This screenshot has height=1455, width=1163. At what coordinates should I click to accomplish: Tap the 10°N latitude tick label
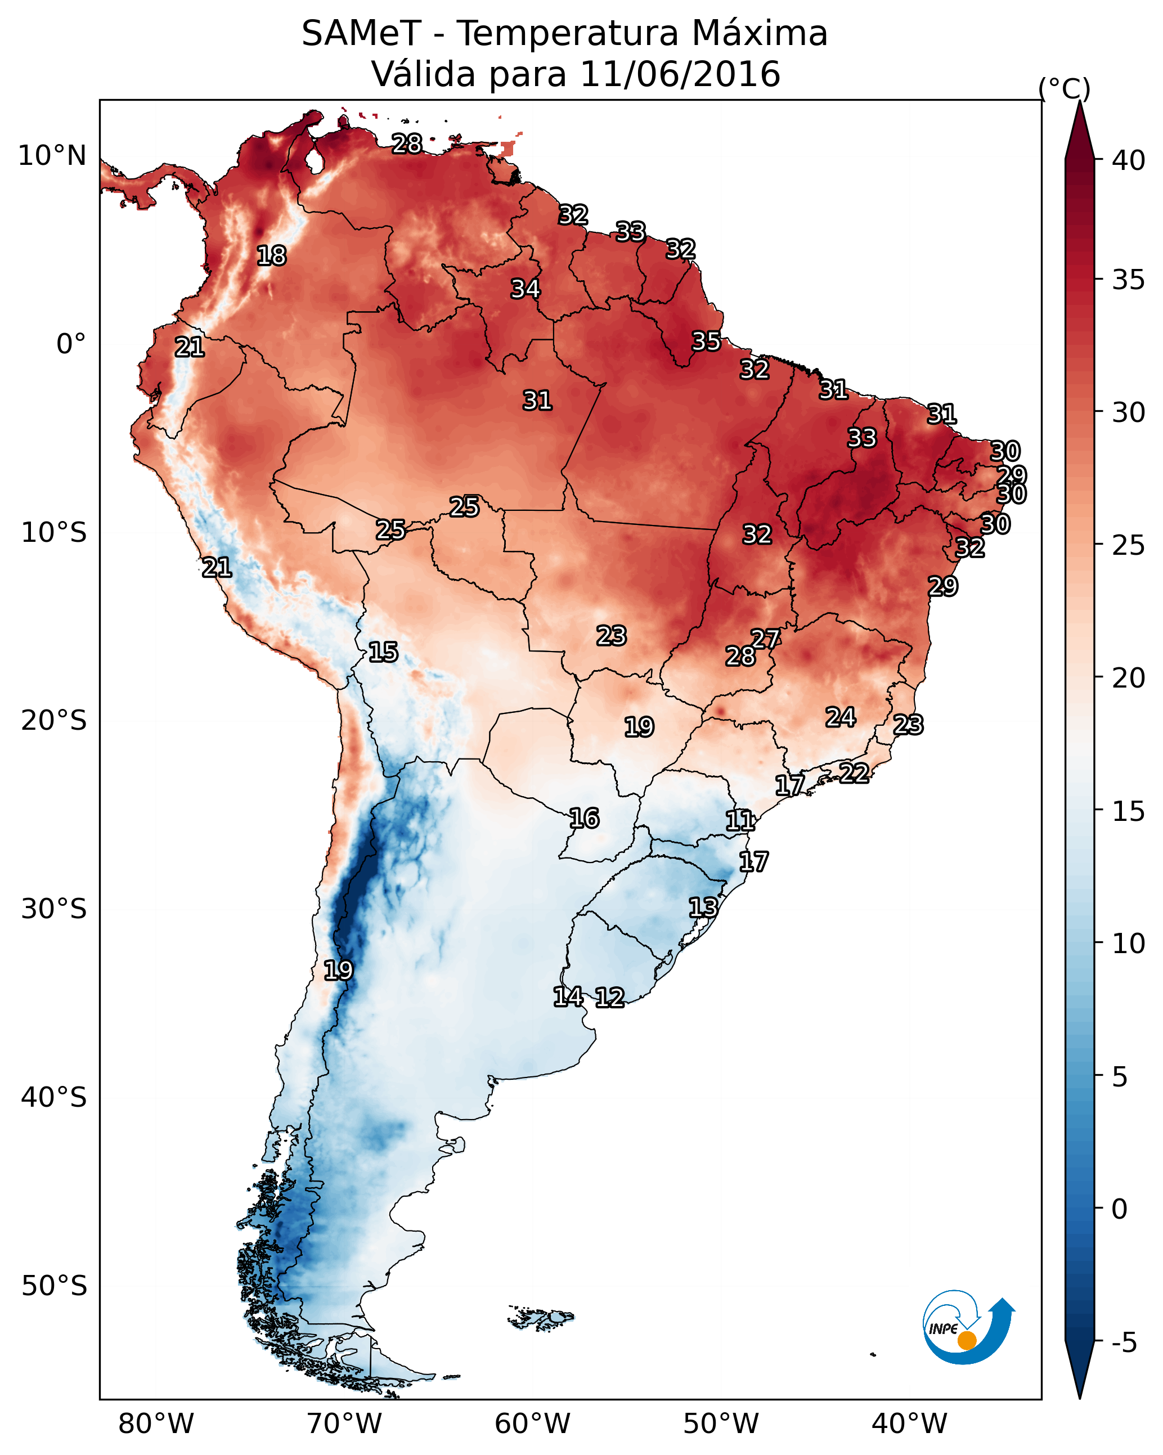pyautogui.click(x=52, y=156)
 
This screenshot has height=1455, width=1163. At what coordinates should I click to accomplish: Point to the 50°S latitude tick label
pyautogui.click(x=54, y=1286)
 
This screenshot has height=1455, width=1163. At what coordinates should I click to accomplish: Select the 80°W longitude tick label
pyautogui.click(x=156, y=1423)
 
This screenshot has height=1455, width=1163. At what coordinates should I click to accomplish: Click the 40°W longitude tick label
pyautogui.click(x=909, y=1423)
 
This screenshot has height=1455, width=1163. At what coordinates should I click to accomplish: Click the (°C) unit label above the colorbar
pyautogui.click(x=1065, y=88)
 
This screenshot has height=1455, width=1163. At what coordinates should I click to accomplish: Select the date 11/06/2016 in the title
pyautogui.click(x=680, y=74)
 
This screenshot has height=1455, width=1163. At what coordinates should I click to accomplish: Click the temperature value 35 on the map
pyautogui.click(x=706, y=342)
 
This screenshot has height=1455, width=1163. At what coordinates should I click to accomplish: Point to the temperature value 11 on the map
pyautogui.click(x=740, y=821)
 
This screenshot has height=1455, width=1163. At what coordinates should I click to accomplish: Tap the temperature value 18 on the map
pyautogui.click(x=271, y=256)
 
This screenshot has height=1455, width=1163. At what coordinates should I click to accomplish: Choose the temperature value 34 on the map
pyautogui.click(x=525, y=289)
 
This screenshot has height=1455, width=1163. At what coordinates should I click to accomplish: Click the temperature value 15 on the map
pyautogui.click(x=383, y=652)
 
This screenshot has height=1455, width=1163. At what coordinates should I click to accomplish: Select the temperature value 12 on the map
pyautogui.click(x=609, y=998)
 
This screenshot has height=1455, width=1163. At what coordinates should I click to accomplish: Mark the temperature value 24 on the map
pyautogui.click(x=841, y=717)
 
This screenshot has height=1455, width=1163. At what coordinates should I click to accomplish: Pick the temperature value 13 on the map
pyautogui.click(x=703, y=907)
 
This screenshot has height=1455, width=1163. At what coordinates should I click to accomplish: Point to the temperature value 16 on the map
pyautogui.click(x=584, y=819)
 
